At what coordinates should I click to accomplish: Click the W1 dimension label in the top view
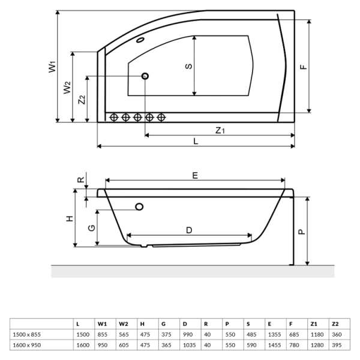pyautogui.click(x=52, y=66)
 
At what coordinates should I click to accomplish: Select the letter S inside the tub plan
pyautogui.click(x=188, y=66)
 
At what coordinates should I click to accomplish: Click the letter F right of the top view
pyautogui.click(x=304, y=67)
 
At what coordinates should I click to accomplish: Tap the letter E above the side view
pyautogui.click(x=195, y=175)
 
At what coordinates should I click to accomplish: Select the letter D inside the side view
pyautogui.click(x=188, y=230)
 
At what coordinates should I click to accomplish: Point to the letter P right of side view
pyautogui.click(x=302, y=229)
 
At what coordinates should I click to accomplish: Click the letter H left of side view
pyautogui.click(x=70, y=218)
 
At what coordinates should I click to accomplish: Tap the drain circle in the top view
pyautogui.click(x=145, y=76)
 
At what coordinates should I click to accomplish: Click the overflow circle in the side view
pyautogui.click(x=140, y=207)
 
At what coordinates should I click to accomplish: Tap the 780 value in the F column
pyautogui.click(x=293, y=345)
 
